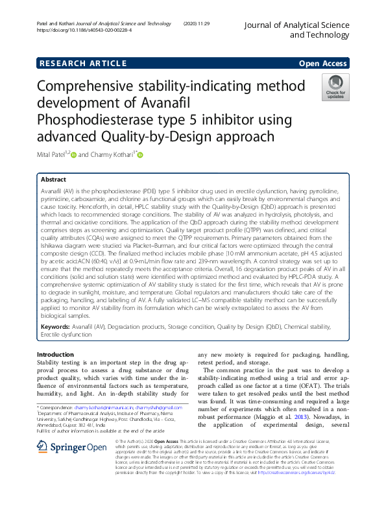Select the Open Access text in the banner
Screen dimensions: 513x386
323,63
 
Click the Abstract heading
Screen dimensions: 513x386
53,179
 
